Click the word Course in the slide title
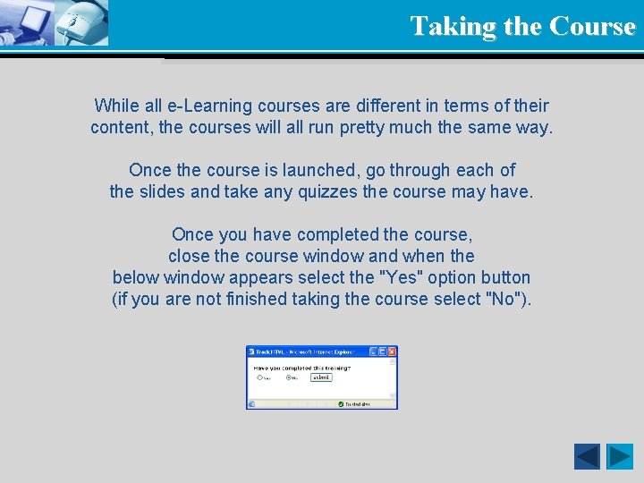(x=592, y=26)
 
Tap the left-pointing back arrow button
(x=587, y=456)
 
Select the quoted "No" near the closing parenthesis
(x=502, y=299)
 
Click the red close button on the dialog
(x=392, y=352)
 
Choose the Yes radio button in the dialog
(x=259, y=377)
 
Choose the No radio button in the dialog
(x=287, y=377)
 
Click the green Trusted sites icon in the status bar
(x=341, y=404)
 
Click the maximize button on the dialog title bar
(x=383, y=352)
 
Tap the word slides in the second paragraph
(x=164, y=191)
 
